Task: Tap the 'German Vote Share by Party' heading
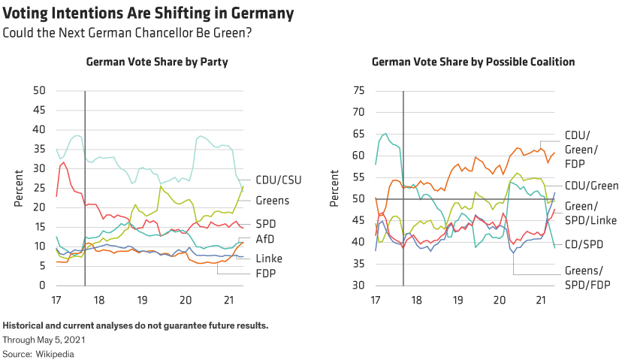[x=157, y=62]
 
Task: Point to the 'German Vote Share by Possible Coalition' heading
[x=473, y=62]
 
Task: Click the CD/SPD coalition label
[x=584, y=244]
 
